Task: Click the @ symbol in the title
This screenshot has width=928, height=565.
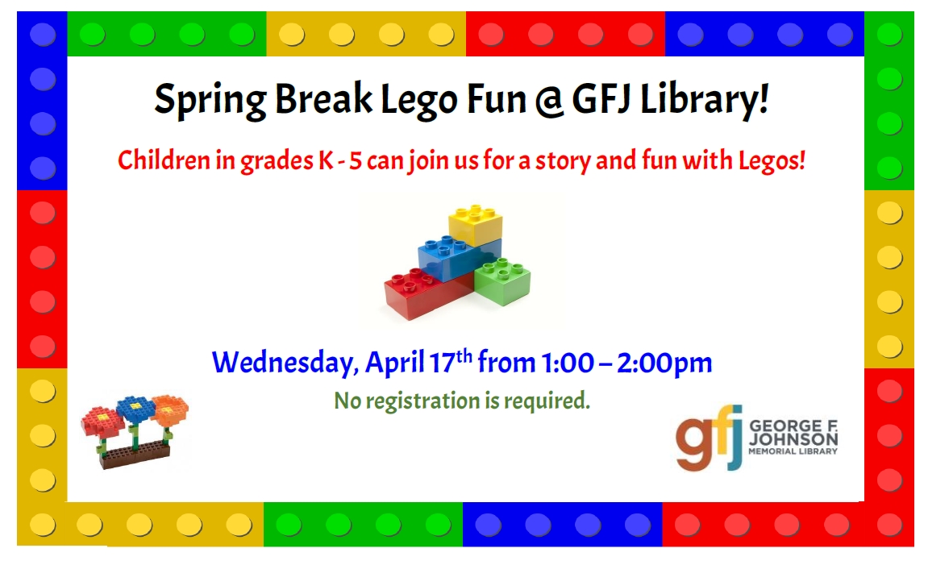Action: pyautogui.click(x=550, y=100)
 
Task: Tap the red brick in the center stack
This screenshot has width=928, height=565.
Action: pyautogui.click(x=427, y=293)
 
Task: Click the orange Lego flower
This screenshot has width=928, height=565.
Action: pyautogui.click(x=170, y=410)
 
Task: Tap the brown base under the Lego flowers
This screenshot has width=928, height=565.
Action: pyautogui.click(x=135, y=455)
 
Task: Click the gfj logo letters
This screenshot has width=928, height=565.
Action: pyautogui.click(x=710, y=438)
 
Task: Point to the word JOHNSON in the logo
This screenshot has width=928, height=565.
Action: pyautogui.click(x=793, y=439)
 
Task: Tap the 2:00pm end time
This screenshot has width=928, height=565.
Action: pyautogui.click(x=664, y=364)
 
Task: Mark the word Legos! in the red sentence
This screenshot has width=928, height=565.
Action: pyautogui.click(x=772, y=161)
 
